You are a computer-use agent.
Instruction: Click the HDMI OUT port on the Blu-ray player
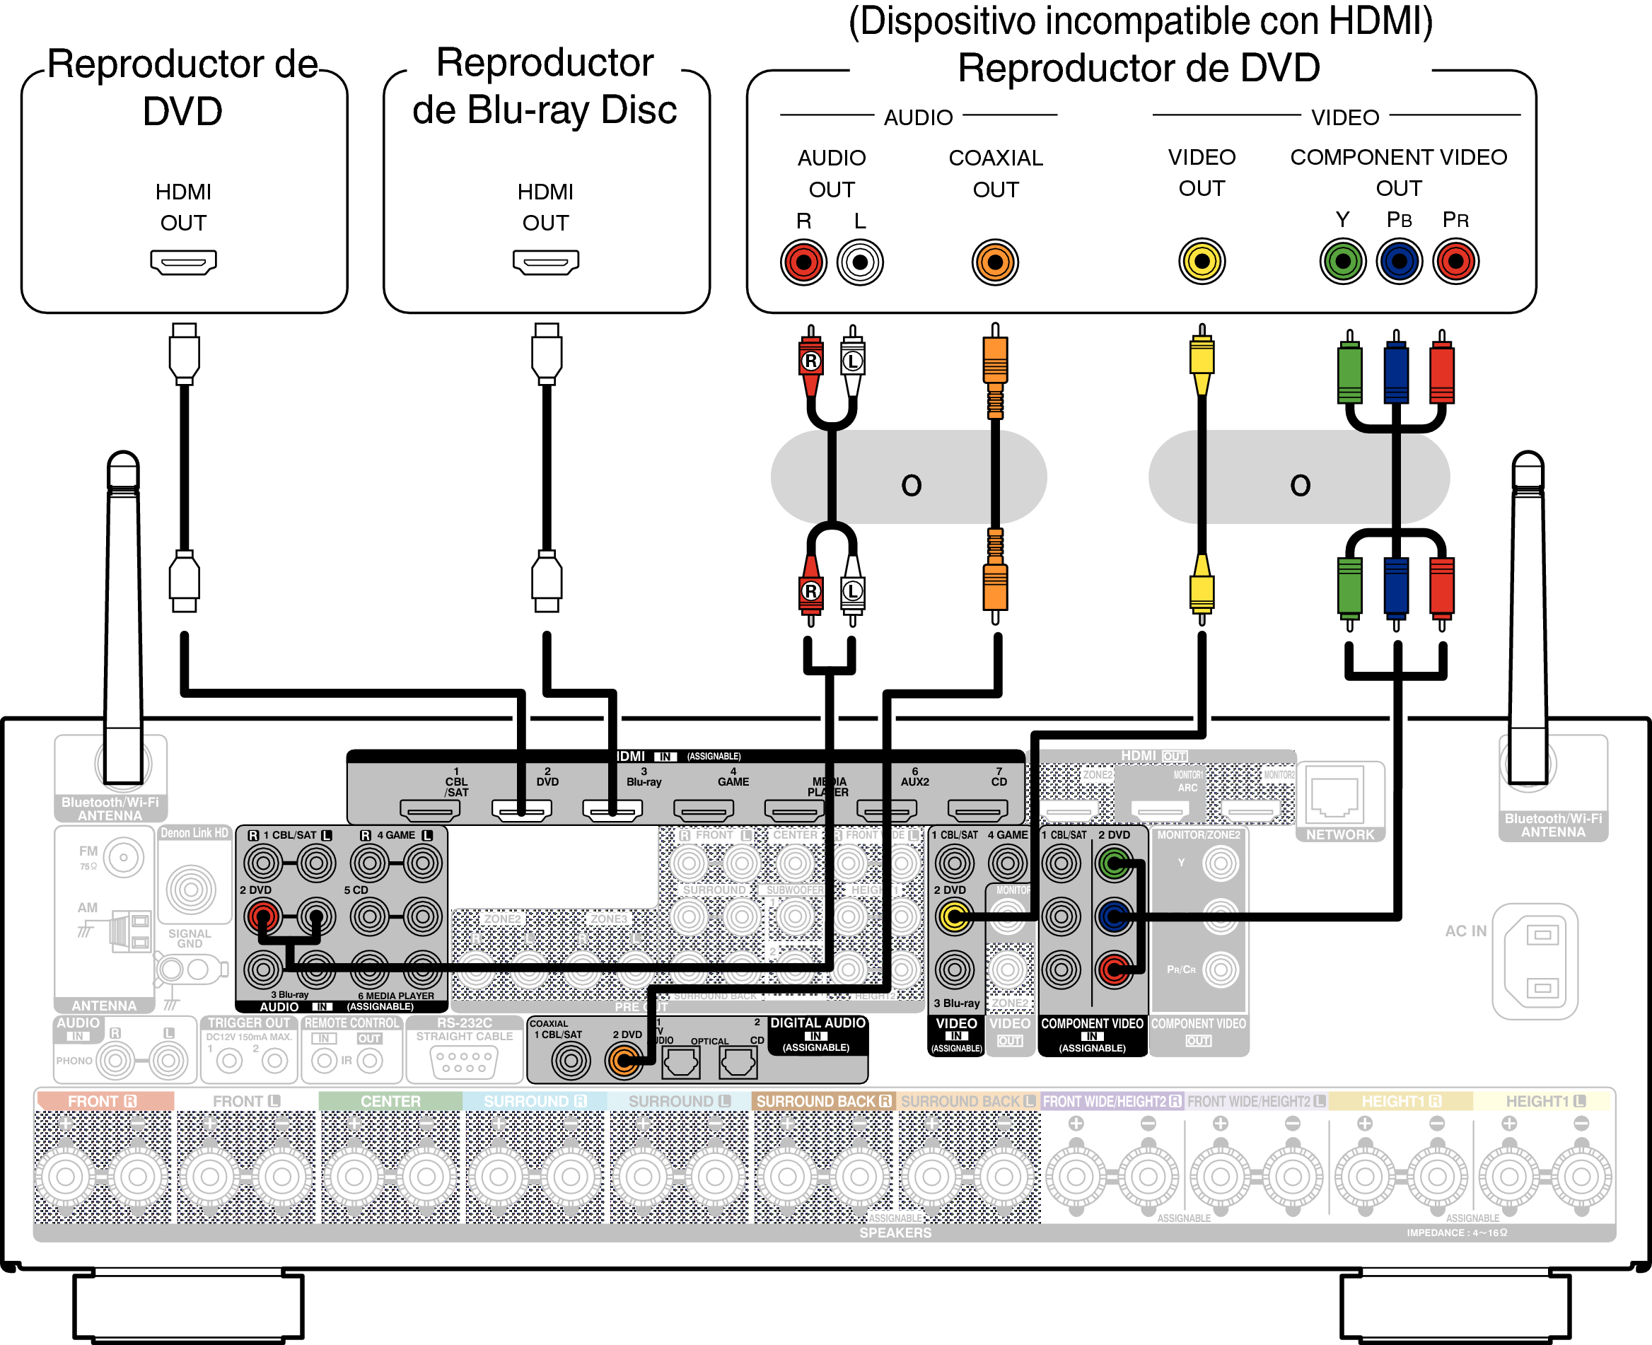(545, 262)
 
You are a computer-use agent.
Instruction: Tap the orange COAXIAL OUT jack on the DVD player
(995, 262)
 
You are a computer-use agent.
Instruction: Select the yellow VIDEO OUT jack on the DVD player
(1201, 262)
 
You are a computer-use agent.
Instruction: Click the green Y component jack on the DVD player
(1343, 262)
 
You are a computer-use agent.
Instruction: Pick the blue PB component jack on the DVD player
(1399, 262)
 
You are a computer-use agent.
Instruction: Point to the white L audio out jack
(860, 262)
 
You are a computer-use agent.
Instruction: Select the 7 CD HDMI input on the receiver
(978, 810)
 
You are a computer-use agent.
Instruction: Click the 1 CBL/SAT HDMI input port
(430, 810)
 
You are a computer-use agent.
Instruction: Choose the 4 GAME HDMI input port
(704, 810)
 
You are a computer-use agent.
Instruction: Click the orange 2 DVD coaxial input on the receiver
(624, 1061)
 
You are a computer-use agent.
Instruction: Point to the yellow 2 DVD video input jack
(955, 916)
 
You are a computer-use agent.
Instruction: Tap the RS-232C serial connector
(464, 1061)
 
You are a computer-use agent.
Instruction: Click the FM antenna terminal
(124, 858)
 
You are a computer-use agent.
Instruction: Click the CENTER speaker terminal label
(390, 1101)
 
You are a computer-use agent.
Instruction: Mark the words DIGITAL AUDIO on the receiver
(818, 1023)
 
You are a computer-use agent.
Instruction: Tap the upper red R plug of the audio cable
(810, 361)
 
